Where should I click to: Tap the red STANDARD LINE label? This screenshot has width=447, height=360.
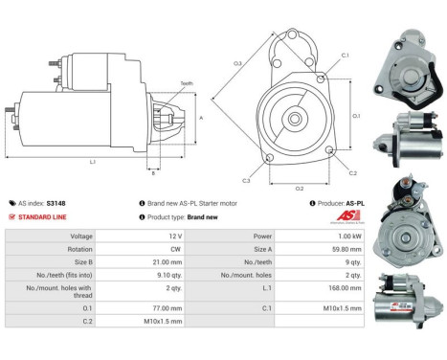[42, 216]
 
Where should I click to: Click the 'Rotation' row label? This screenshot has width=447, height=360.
[79, 249]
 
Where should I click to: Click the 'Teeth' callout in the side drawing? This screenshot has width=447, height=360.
[185, 84]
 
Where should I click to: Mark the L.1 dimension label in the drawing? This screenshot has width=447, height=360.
[92, 162]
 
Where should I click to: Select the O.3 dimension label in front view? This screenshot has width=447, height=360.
[235, 64]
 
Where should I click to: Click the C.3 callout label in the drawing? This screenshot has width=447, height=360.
[246, 180]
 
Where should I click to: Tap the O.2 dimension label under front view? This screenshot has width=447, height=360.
[299, 189]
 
